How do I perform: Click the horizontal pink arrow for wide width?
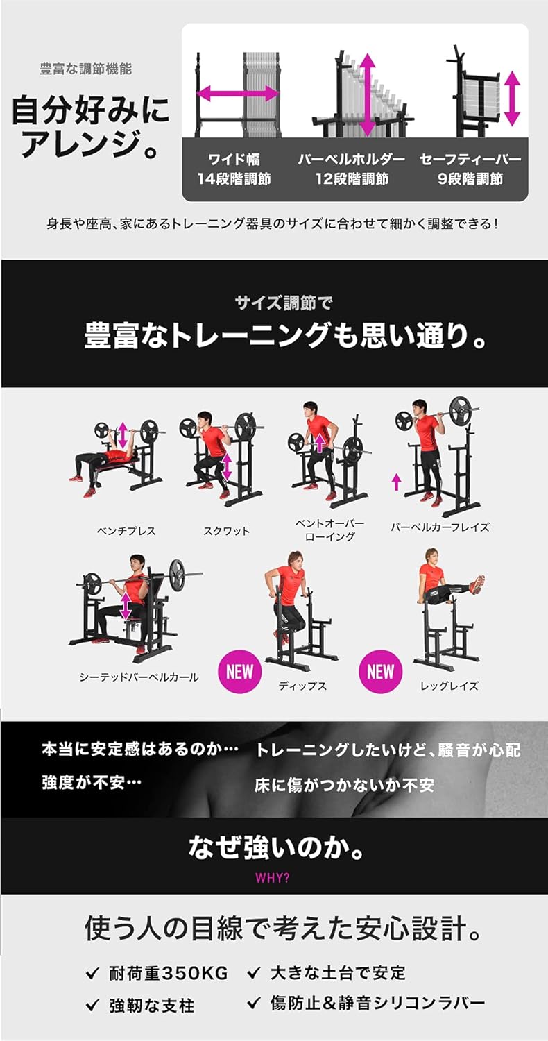[238, 94]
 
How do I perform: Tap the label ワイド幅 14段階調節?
[234, 169]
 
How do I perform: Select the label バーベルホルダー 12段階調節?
[352, 169]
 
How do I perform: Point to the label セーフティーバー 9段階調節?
[470, 169]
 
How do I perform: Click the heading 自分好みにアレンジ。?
[90, 126]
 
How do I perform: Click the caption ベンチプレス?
[126, 531]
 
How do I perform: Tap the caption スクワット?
[226, 531]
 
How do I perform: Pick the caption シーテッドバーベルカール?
[139, 677]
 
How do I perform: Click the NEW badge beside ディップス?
[239, 671]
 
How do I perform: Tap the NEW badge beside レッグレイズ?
[380, 671]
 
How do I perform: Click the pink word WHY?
[273, 877]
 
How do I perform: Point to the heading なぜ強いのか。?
[275, 847]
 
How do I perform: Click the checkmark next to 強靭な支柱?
[92, 1005]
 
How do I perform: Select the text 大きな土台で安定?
[337, 973]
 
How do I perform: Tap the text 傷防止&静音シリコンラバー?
[377, 1003]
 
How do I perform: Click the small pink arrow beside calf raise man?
[396, 481]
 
